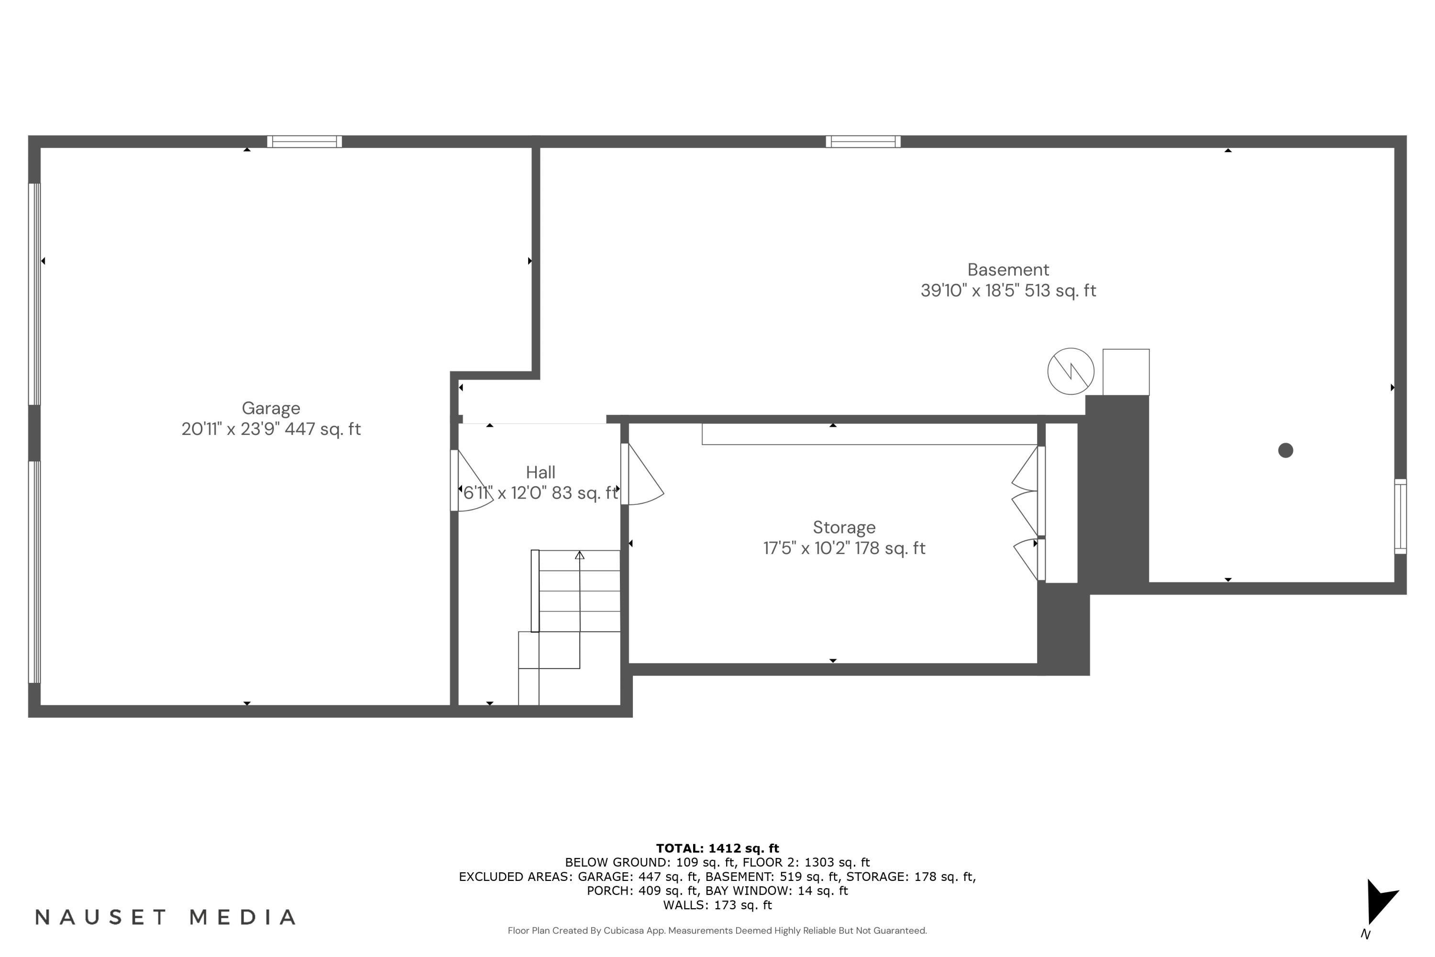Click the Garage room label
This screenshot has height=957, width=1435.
coord(271,408)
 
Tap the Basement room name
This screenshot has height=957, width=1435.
coord(1008,270)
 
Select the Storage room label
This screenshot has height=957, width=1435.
coord(844,527)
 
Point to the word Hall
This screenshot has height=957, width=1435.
coord(541,472)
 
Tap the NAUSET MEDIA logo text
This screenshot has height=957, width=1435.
coord(166,917)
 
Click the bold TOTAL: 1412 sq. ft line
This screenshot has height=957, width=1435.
coord(717,848)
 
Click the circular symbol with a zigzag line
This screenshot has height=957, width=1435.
coord(1071,371)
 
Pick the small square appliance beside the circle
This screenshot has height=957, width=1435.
coord(1126,372)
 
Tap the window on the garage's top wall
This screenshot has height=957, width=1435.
coord(304,142)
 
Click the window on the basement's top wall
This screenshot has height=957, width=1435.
coord(863,142)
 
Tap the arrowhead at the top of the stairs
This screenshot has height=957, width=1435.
coord(580,556)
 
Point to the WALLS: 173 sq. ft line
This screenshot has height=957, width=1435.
coord(717,905)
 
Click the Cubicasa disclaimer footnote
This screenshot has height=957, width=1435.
coord(717,931)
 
